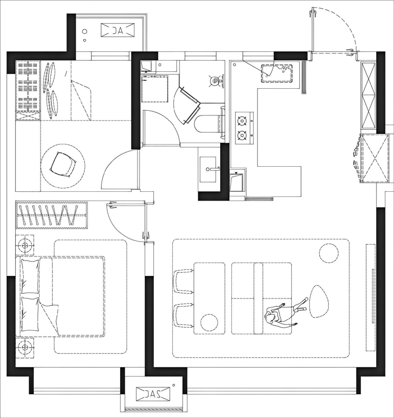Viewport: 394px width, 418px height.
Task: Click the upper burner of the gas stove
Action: coord(242,121)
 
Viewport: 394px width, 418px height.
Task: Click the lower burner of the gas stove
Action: coord(242,136)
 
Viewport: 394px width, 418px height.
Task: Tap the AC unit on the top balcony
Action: coord(117,30)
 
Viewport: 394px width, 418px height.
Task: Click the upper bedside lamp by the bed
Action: coord(25,245)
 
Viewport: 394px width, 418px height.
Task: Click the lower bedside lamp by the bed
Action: coord(25,347)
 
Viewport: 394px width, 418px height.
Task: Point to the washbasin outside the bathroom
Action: coord(208,170)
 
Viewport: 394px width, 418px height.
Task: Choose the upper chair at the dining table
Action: coord(183,281)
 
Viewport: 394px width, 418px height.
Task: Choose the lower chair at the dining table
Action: coord(183,315)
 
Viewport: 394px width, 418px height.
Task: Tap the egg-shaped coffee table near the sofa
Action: coord(319,302)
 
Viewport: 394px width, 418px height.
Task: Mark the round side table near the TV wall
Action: coord(329,253)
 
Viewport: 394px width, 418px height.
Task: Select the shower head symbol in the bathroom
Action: coord(215,81)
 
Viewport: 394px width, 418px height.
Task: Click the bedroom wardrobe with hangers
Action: coord(52,215)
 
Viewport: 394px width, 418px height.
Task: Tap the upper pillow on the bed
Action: coord(30,276)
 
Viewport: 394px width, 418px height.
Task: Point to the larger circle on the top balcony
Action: coord(85,31)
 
